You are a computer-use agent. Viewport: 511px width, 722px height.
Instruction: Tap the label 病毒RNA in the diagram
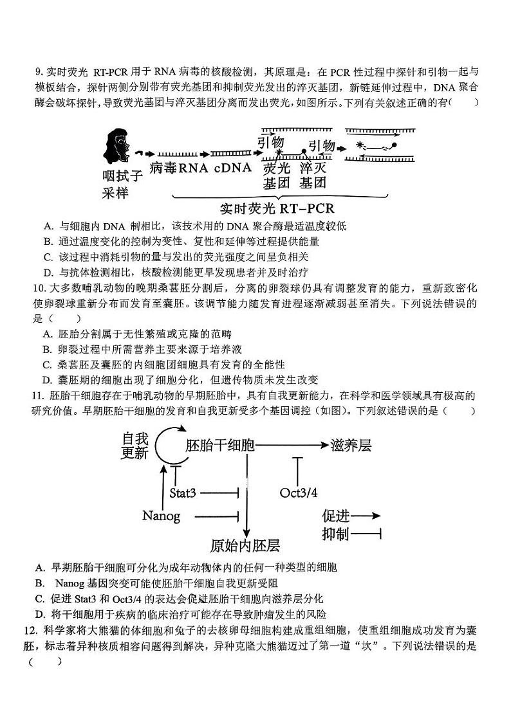pos(178,168)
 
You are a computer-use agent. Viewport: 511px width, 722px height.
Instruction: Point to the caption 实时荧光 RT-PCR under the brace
pos(277,209)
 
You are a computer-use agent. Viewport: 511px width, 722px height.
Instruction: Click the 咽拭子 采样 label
pos(122,183)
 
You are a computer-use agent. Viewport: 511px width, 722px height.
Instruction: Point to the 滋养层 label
pos(351,445)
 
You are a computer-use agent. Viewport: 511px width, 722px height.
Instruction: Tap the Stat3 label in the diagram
pos(182,493)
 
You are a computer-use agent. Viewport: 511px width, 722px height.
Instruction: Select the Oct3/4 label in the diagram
pos(299,493)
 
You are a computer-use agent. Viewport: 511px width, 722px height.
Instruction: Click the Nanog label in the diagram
pos(161,516)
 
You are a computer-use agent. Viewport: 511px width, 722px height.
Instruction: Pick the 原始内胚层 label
pos(245,546)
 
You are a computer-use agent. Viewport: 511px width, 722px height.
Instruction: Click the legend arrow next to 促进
pos(367,516)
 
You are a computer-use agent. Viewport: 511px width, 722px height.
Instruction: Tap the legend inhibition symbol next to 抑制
pos(367,534)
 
